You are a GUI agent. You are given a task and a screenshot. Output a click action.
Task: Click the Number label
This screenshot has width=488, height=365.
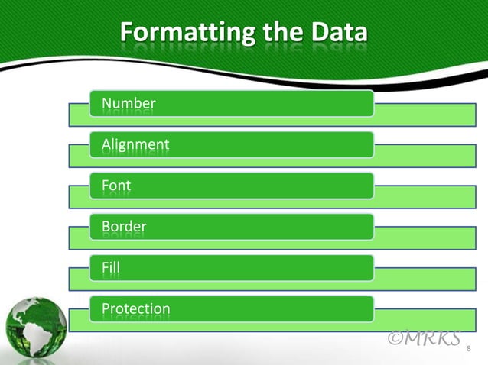tap(129, 103)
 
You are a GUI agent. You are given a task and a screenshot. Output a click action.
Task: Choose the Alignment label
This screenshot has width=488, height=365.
tap(135, 144)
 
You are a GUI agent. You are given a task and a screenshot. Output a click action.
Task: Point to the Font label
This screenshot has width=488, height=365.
tap(116, 186)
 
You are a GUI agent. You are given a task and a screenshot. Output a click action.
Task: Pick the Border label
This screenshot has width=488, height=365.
tap(124, 227)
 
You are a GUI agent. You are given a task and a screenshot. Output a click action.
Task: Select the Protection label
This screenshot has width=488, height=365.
tap(136, 309)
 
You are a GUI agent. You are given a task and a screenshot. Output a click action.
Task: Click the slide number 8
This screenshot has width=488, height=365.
tap(469, 349)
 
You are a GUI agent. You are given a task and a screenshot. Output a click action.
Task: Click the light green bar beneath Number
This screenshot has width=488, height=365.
tap(421, 115)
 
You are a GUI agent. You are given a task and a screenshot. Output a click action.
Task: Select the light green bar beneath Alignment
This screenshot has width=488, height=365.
tap(421, 157)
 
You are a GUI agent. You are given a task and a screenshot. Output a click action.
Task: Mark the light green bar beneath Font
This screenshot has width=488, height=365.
tap(421, 198)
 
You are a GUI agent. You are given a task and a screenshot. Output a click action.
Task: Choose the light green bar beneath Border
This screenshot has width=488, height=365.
tap(421, 239)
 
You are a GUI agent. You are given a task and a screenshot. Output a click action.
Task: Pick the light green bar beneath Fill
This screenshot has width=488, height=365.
tap(421, 280)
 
